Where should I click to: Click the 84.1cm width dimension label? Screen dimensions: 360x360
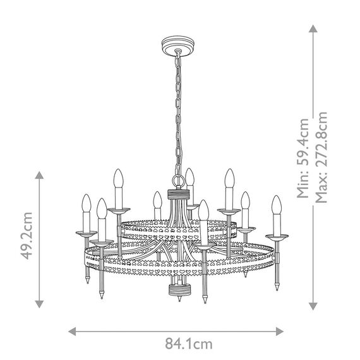[x=189, y=344]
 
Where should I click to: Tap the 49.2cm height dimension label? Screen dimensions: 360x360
[x=27, y=236]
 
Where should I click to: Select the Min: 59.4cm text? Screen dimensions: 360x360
[x=303, y=158]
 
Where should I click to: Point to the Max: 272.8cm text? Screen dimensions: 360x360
[x=321, y=157]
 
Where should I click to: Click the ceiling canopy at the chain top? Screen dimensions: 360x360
[x=177, y=45]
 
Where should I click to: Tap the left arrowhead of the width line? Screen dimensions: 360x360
[x=72, y=332]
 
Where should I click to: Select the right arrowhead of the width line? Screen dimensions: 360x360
[x=280, y=332]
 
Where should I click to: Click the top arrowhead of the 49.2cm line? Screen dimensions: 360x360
[x=39, y=175]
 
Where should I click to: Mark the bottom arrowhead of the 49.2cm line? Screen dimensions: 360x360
[x=39, y=304]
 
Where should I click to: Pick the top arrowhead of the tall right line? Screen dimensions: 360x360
[x=313, y=28]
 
